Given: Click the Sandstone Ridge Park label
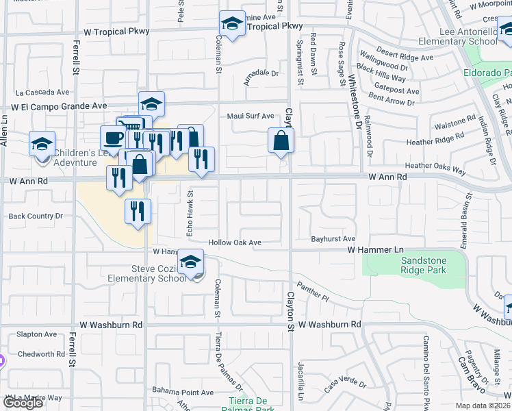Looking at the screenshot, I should [x=413, y=266].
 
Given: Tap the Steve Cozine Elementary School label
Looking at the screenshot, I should [x=147, y=273].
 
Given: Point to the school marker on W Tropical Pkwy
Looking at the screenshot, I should [x=233, y=25].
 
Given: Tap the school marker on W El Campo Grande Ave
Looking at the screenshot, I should [x=151, y=104].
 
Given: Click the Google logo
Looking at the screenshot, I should [x=23, y=403].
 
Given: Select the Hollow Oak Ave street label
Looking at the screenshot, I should [x=235, y=242].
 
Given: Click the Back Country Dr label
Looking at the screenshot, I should [x=35, y=216].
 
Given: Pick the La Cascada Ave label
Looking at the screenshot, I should [x=43, y=92].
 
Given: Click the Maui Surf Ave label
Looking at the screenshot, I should [x=251, y=116].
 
